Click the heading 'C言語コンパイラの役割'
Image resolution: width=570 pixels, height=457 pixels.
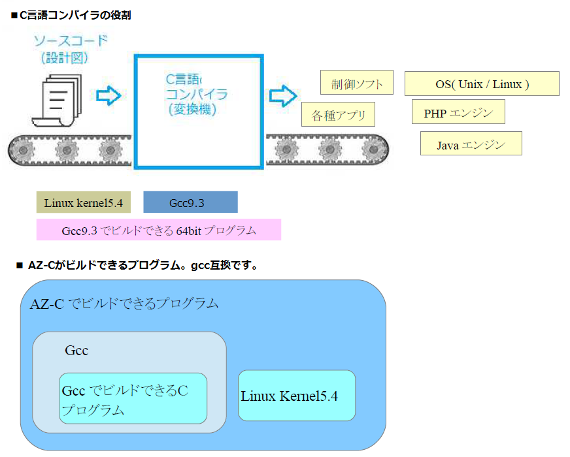coord(75,14)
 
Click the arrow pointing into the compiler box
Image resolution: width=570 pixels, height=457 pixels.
coord(109,96)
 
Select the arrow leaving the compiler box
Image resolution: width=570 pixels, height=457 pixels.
coord(283,95)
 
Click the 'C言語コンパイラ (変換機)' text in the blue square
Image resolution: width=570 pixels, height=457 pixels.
coord(195,95)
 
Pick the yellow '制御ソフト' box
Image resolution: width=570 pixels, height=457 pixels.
coord(356,84)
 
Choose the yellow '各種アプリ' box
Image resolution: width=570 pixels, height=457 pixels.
coord(338,115)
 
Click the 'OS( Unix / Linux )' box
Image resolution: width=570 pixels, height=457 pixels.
coord(482,84)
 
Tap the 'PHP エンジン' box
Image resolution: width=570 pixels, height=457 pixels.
coord(459,112)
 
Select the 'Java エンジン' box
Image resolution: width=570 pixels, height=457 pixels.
coord(471,144)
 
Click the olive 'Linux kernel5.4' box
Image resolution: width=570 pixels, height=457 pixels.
coord(84,202)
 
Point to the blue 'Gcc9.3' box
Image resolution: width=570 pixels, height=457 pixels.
coord(190,202)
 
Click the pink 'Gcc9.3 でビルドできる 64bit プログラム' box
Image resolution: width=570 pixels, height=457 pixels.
coord(159,230)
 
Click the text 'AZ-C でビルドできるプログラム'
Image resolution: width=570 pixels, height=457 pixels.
coord(124,304)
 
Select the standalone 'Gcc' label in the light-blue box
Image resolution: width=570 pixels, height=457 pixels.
coord(76,351)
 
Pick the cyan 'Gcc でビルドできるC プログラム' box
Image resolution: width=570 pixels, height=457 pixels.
coord(133,399)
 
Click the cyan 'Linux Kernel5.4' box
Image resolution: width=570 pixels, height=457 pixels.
coord(297,396)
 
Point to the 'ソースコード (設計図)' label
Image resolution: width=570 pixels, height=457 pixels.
coord(70,50)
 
